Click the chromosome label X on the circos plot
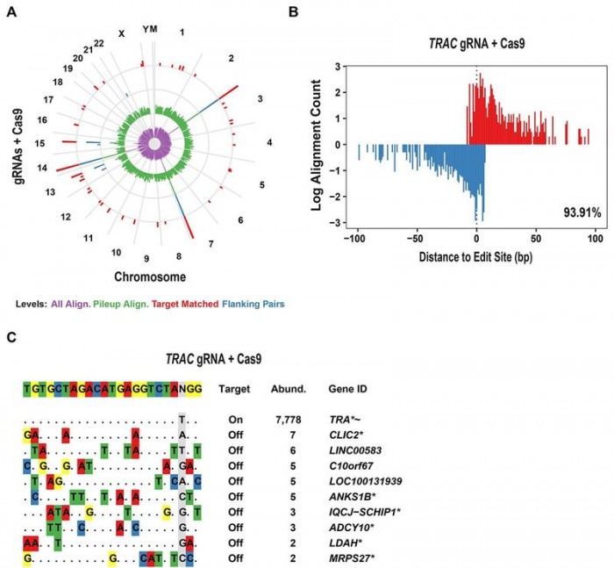[122, 33]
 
